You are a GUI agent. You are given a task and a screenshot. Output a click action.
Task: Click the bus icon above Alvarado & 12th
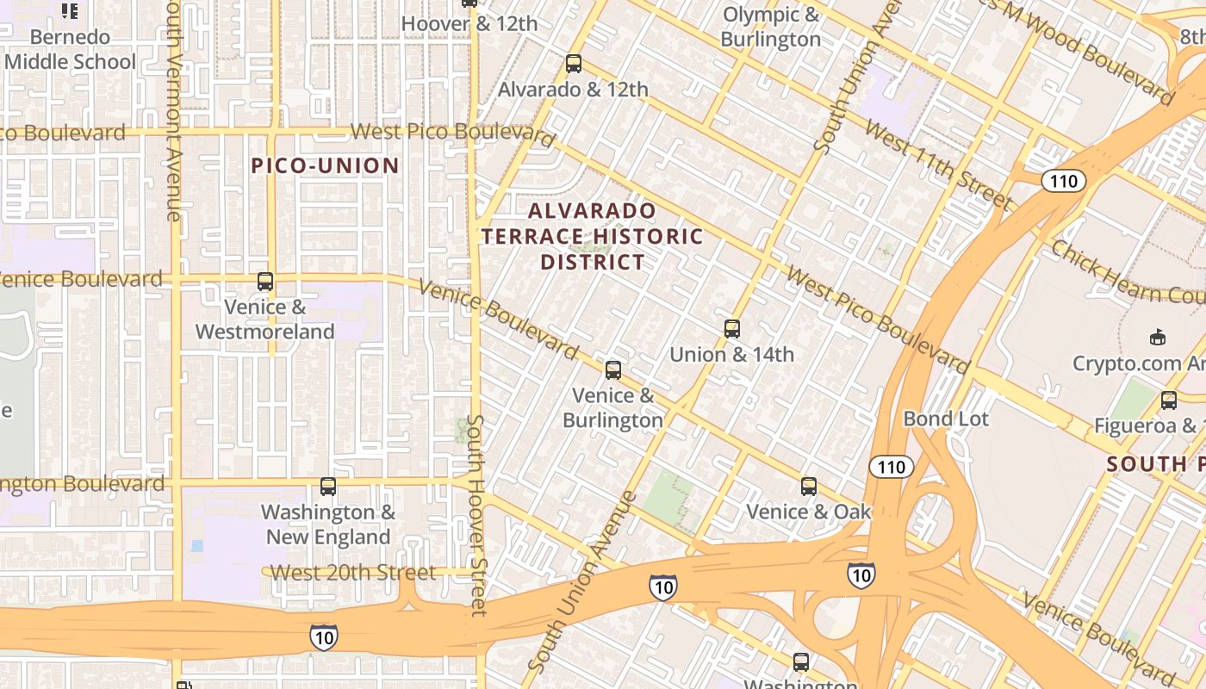[x=573, y=64]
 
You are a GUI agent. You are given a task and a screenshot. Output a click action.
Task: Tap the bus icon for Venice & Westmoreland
[x=265, y=282]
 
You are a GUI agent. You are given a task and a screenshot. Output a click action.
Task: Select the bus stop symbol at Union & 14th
[x=732, y=329]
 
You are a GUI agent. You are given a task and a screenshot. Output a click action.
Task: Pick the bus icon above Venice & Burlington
[x=613, y=370]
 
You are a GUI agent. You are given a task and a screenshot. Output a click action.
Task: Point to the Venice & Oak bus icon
[x=808, y=487]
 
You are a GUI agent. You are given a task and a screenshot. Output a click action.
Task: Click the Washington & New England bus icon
[x=328, y=487]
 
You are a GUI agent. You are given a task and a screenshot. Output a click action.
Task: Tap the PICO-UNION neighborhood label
[x=326, y=165]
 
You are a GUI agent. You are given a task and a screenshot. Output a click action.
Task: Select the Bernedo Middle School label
[x=71, y=49]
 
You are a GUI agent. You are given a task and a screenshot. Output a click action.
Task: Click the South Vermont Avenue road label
[x=173, y=112]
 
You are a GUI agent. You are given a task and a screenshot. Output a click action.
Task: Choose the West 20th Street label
[x=353, y=572]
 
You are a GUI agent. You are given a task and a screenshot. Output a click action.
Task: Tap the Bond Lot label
[x=946, y=419]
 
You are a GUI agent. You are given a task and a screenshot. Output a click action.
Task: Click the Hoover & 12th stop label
[x=469, y=24]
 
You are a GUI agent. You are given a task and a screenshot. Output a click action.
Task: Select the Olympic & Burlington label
[x=771, y=27]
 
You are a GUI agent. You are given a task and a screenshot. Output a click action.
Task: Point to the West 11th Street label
[x=938, y=166]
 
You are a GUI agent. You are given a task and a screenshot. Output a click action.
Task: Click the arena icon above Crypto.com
[x=1157, y=338]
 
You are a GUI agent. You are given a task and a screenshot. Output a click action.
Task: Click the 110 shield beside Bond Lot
[x=891, y=467]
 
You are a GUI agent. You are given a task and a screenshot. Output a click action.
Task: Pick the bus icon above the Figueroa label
[x=1169, y=400]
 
